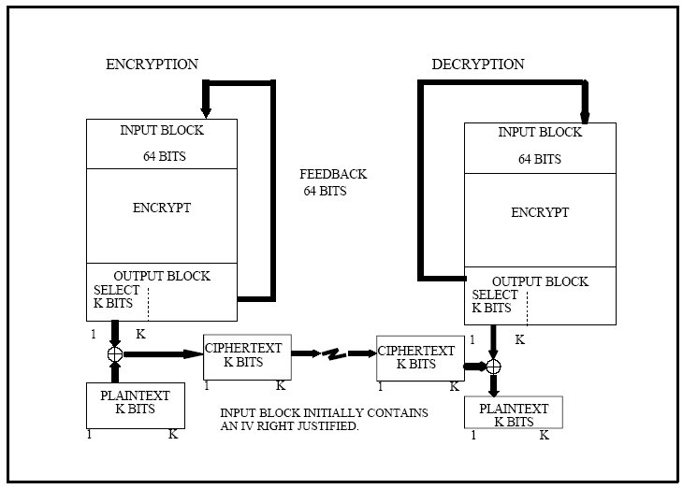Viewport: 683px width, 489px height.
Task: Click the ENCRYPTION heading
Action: click(152, 65)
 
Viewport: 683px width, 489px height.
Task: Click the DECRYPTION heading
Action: click(478, 65)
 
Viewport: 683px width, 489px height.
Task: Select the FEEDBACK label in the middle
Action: click(333, 174)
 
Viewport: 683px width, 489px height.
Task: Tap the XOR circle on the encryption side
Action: click(115, 354)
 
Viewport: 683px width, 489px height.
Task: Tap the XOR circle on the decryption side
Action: click(493, 367)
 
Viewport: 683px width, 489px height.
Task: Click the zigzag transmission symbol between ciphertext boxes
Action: click(334, 354)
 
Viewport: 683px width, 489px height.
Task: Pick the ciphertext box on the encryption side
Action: click(247, 357)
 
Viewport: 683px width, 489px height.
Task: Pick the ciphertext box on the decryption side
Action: click(420, 358)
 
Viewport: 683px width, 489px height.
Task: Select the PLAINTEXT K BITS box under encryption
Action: click(136, 406)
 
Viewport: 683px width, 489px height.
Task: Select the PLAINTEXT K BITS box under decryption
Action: click(514, 412)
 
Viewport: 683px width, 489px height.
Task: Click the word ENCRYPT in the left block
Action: click(162, 208)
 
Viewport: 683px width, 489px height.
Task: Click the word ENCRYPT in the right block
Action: click(540, 212)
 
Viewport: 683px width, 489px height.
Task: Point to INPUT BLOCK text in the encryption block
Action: click(162, 130)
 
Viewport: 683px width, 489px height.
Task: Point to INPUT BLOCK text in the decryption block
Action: click(540, 133)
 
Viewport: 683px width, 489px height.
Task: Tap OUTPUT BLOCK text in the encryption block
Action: click(162, 276)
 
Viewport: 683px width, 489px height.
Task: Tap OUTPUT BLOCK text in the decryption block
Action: click(540, 281)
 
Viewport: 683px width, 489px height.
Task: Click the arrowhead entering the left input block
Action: click(206, 111)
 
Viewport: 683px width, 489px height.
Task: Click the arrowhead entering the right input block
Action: click(585, 117)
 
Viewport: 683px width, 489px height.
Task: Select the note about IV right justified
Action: click(324, 419)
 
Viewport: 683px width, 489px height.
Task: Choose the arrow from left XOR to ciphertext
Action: click(164, 354)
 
